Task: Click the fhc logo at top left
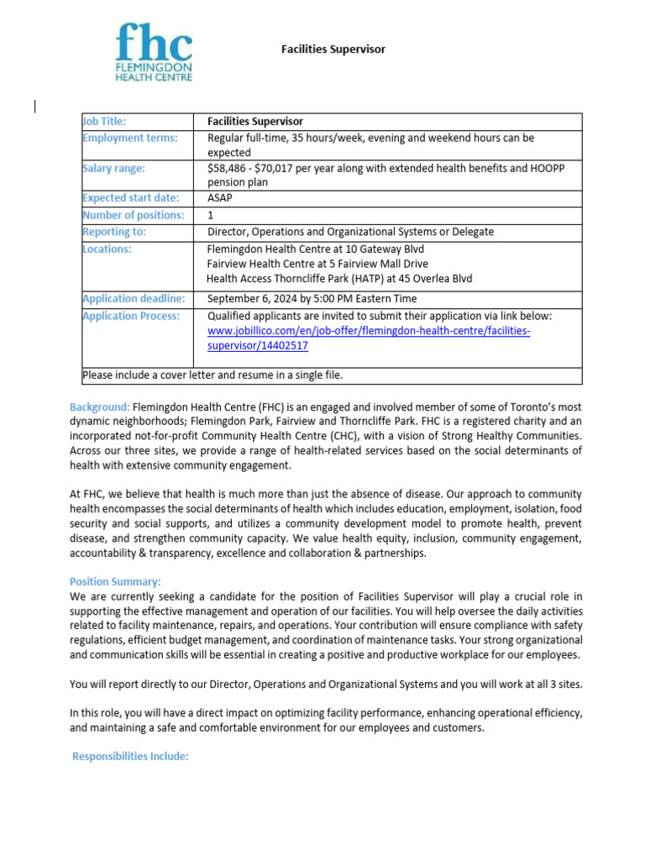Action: (x=155, y=52)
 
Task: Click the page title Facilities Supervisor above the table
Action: (x=333, y=50)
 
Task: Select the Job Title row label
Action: (x=104, y=122)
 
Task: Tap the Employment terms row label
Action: (x=129, y=138)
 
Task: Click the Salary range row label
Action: (x=113, y=168)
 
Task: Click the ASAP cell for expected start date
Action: (x=220, y=198)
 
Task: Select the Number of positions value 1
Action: (x=211, y=215)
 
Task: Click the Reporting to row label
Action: (x=113, y=232)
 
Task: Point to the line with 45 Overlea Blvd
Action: (x=338, y=279)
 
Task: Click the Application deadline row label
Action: (x=133, y=299)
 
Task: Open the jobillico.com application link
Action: (x=369, y=331)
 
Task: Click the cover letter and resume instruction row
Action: (x=212, y=375)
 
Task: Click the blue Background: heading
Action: (x=100, y=406)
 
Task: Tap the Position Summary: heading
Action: (x=115, y=581)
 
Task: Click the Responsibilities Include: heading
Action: (x=130, y=757)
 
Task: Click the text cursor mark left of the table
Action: (x=35, y=106)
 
